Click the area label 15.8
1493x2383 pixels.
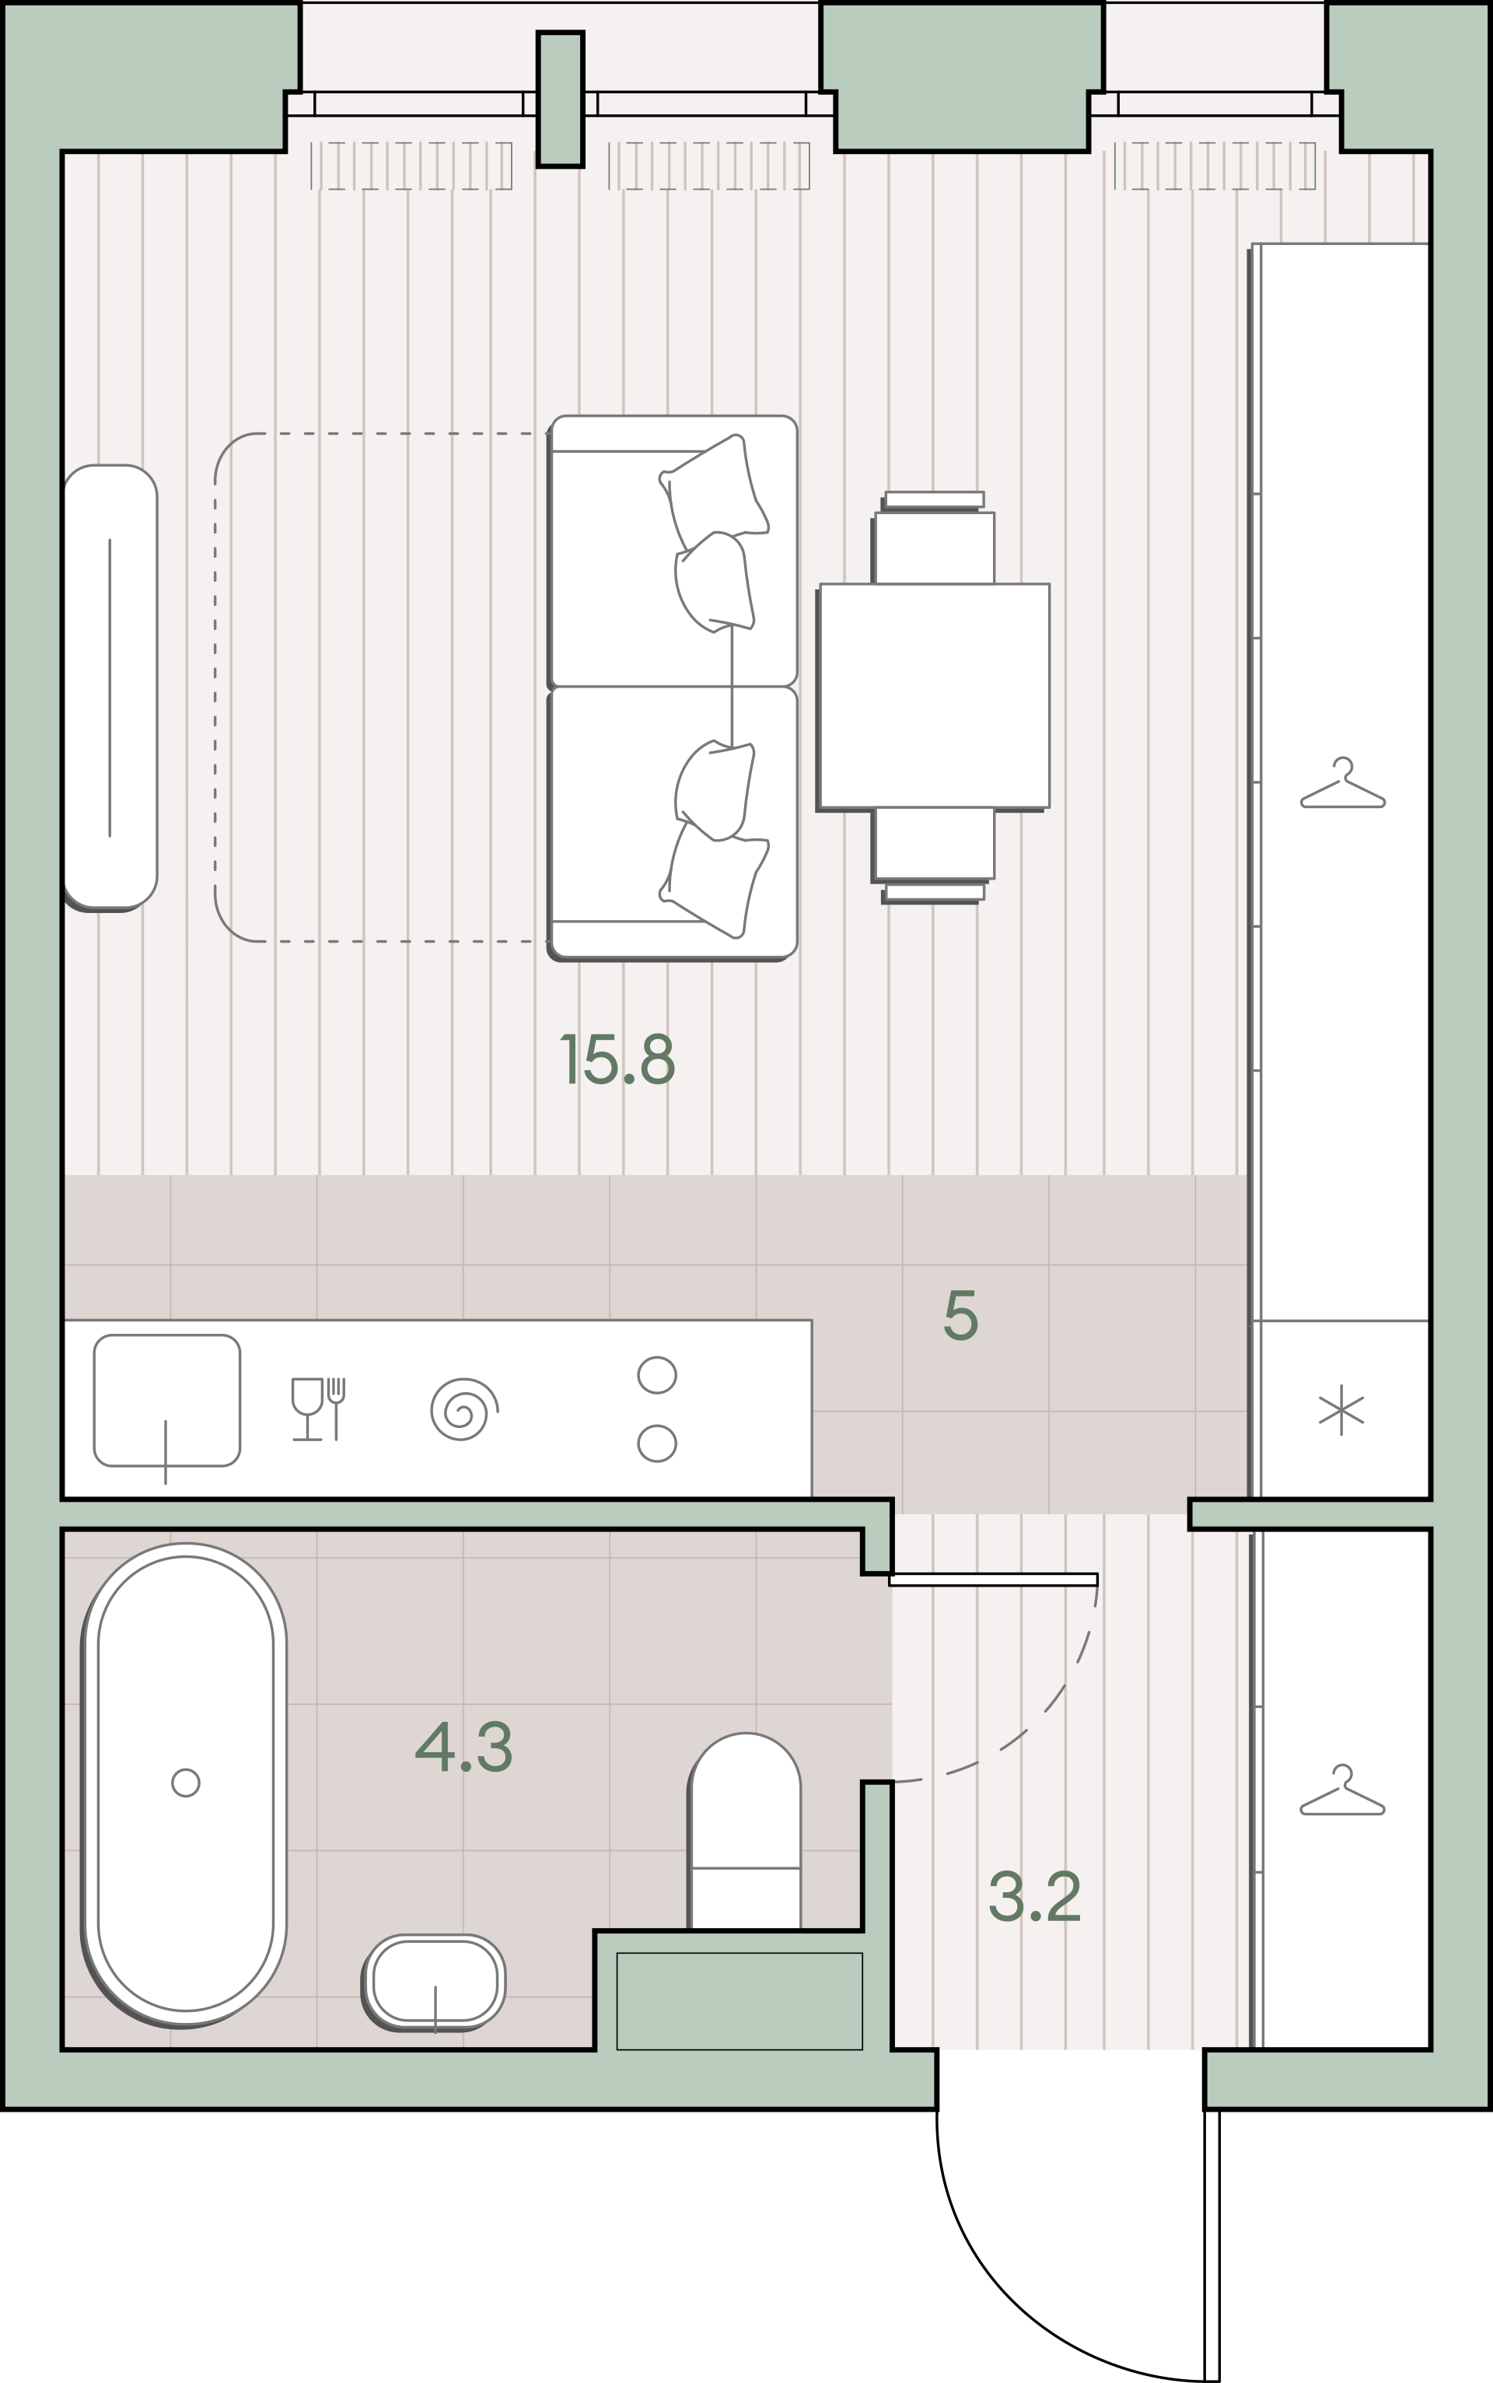pyautogui.click(x=617, y=1059)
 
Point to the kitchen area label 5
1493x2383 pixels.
pyautogui.click(x=961, y=1314)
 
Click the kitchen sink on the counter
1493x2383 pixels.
pyautogui.click(x=167, y=1401)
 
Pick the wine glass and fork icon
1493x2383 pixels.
pyautogui.click(x=318, y=1408)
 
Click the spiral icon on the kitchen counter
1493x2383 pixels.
pyautogui.click(x=463, y=1408)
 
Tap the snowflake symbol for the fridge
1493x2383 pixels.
pyautogui.click(x=1341, y=1409)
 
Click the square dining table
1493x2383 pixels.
pyautogui.click(x=933, y=696)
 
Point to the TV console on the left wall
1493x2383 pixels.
pyautogui.click(x=110, y=688)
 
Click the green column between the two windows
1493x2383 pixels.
pyautogui.click(x=560, y=99)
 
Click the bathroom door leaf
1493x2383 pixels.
pyautogui.click(x=992, y=1579)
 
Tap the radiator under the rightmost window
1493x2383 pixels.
pyautogui.click(x=1215, y=165)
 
